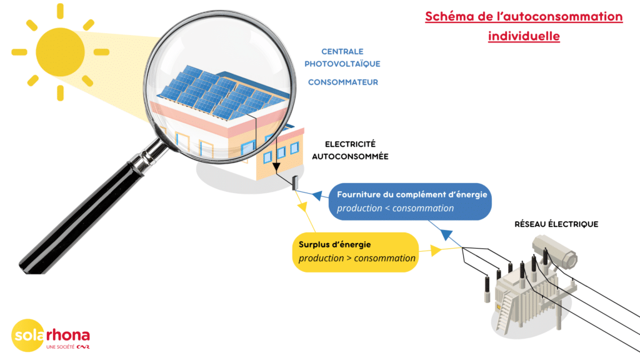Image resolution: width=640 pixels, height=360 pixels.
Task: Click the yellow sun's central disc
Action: point(61,52)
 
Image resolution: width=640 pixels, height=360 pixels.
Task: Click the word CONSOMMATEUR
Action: point(343,82)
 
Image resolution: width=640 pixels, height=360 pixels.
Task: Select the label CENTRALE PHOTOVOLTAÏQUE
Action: point(342,57)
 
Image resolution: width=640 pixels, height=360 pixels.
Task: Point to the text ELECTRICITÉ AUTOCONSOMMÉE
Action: point(350,150)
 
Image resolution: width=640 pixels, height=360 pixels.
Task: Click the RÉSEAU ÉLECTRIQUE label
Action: point(556,224)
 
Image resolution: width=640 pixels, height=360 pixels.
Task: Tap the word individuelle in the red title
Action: point(524,36)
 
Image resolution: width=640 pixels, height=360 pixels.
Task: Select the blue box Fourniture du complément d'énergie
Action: point(410,202)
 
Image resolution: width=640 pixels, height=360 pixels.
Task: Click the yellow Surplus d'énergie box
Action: point(356,252)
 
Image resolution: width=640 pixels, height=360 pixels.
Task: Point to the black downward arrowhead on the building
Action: point(276,167)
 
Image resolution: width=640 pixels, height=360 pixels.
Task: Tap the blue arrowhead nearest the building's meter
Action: point(317,196)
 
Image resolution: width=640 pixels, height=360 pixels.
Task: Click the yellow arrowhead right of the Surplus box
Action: point(436,250)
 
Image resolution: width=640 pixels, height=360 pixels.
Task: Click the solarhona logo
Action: point(51,336)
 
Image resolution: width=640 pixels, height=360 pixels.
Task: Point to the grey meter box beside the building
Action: point(295,182)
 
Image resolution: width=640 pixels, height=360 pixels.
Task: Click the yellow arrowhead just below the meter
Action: point(302,207)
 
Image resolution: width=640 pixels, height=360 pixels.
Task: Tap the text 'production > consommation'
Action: point(357,258)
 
